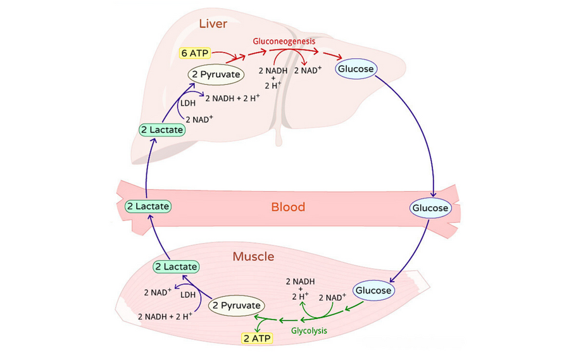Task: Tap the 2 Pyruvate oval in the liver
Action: coord(216,75)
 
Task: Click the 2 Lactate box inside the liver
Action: coord(162,130)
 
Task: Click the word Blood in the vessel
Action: coord(288,207)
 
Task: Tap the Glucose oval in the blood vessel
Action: coord(430,208)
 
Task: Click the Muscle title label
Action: coord(253,257)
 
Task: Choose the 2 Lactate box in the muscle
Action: coord(176,267)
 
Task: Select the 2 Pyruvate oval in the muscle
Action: coord(236,306)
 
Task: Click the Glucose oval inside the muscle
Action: coord(373,291)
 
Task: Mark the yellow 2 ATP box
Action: coord(258,338)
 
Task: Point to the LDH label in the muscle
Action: coord(187,295)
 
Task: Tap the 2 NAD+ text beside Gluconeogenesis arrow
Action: coord(308,70)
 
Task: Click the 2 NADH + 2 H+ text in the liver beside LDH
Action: coord(232,97)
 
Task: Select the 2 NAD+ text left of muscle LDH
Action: coord(158,292)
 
